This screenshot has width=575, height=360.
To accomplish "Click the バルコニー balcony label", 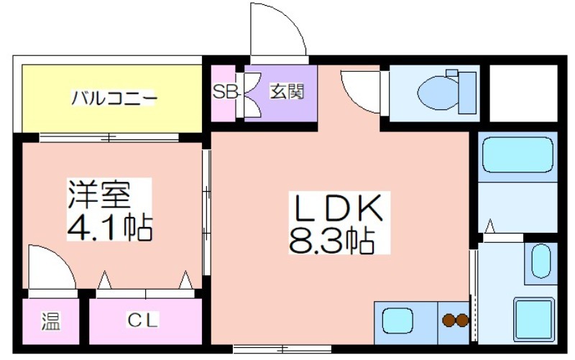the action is pos(114,98).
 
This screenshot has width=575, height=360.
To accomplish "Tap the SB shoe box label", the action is pos(224,92).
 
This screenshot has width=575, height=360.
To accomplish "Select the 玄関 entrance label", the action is pos(287,92).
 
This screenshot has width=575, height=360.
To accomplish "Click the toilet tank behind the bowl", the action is pos(467,93).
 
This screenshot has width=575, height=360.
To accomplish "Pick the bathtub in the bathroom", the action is pos(517,154).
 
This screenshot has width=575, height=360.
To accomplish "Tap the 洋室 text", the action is pos(98,194).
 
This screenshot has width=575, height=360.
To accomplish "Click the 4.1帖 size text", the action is pos(109,227).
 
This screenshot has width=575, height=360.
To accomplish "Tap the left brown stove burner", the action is pos(448,320).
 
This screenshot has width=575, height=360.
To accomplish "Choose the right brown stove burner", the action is pos(462,320).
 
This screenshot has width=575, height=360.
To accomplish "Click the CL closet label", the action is pos(143,320).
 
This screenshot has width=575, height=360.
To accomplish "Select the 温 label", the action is pos(50,321).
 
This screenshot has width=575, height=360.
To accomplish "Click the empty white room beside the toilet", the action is pos(523,93).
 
